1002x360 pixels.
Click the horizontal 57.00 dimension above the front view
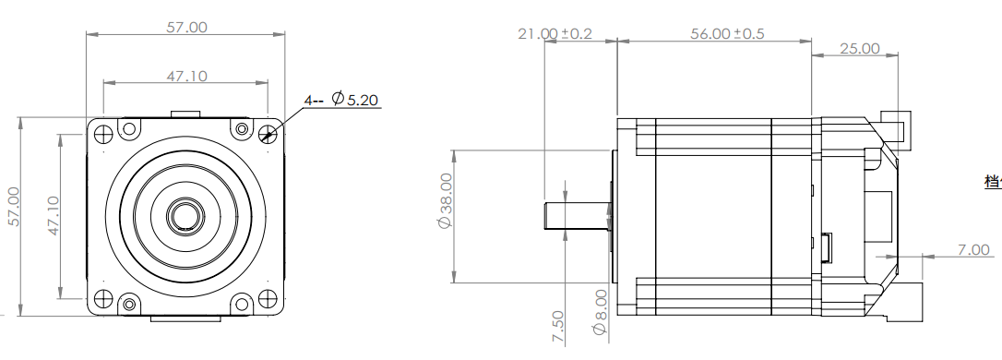tap(186, 27)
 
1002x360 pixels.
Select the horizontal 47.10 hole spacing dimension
tap(186, 76)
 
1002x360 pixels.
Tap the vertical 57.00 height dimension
tap(13, 212)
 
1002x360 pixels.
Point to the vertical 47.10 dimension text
tap(53, 215)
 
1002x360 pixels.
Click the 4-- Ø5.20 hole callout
tap(342, 100)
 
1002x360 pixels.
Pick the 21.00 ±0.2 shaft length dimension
tap(555, 34)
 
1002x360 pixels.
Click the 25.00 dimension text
tap(859, 48)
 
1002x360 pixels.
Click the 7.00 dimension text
tap(972, 249)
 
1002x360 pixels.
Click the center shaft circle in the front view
tap(186, 215)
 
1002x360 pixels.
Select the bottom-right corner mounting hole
tap(268, 298)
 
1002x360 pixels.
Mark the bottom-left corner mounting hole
tap(102, 298)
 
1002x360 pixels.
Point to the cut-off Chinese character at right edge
tap(993, 181)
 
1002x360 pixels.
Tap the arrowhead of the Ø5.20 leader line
tap(268, 138)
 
